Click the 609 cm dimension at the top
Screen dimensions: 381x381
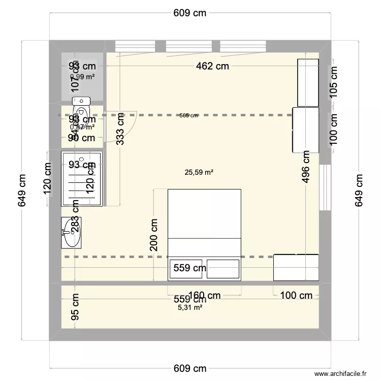190,13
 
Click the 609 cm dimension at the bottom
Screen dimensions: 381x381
190,368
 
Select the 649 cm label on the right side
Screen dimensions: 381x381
359,190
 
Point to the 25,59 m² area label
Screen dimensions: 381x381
199,173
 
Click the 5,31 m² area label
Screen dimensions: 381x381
190,307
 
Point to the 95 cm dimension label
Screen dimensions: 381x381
76,307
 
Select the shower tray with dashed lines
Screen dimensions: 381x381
81,179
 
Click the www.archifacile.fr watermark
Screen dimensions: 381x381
340,373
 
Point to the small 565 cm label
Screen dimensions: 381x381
188,116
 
